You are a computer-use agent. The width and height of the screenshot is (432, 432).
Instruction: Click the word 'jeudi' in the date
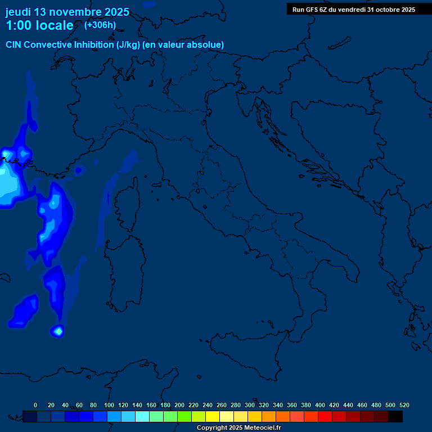click(18, 12)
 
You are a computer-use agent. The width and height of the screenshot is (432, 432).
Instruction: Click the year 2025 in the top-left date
click(116, 12)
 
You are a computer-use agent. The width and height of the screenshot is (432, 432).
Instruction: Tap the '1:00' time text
click(18, 25)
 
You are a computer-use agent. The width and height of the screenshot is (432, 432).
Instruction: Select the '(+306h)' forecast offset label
click(101, 25)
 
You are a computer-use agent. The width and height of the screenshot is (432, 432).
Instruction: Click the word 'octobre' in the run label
click(384, 10)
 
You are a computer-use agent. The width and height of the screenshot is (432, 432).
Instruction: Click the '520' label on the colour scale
click(404, 405)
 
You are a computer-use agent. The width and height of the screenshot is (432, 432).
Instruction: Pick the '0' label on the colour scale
click(35, 405)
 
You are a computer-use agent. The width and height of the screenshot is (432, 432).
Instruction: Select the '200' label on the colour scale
click(179, 405)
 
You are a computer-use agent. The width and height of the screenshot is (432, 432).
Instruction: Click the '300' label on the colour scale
click(249, 405)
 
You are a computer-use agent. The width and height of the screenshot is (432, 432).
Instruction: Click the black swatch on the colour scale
click(395, 416)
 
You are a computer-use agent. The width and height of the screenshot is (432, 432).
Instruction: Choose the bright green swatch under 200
click(184, 416)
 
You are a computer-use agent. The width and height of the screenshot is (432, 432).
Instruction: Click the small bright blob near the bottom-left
click(57, 331)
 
